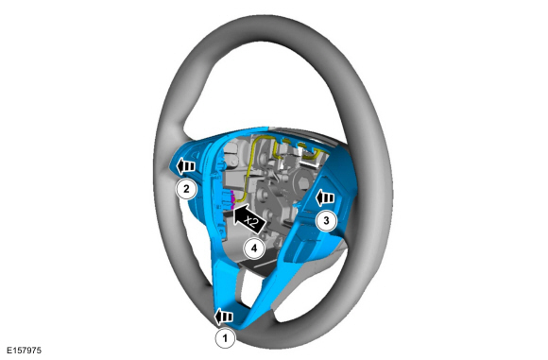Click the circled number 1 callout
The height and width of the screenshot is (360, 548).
pos(225,335)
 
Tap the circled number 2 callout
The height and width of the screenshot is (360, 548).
pos(189,189)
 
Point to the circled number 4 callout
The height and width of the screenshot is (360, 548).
pos(251,249)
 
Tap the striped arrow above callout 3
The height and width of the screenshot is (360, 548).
pos(327,198)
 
